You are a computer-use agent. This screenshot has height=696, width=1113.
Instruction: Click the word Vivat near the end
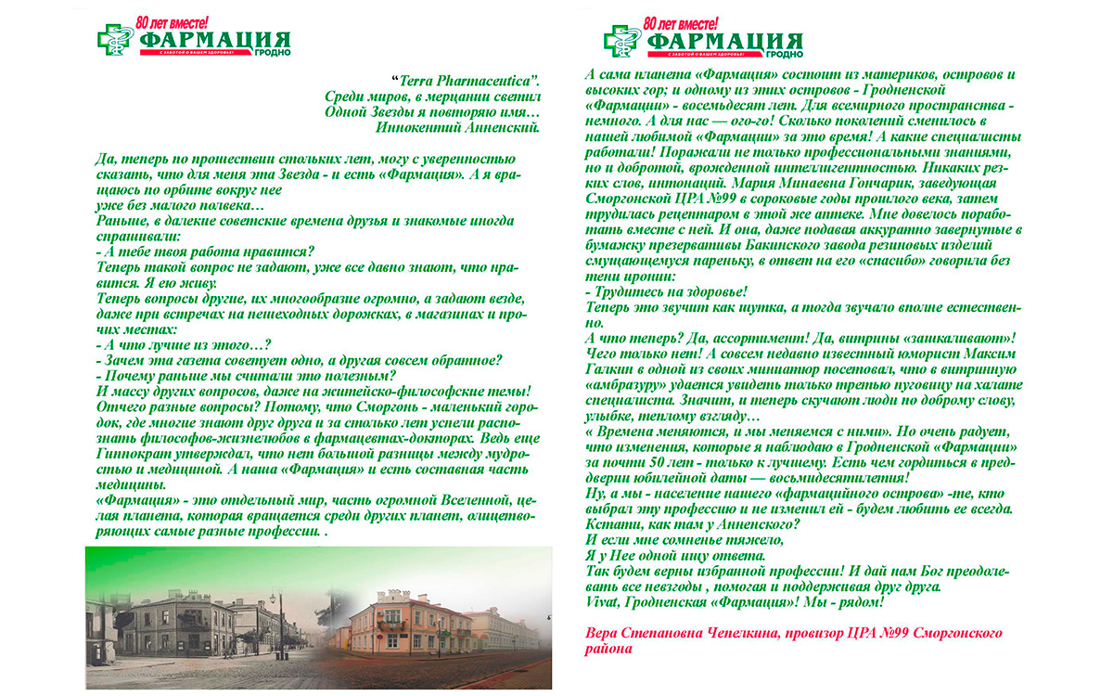(x=605, y=602)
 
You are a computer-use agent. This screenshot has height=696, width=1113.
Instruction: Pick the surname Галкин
(x=611, y=367)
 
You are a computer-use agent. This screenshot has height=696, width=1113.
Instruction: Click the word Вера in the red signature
(x=604, y=634)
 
